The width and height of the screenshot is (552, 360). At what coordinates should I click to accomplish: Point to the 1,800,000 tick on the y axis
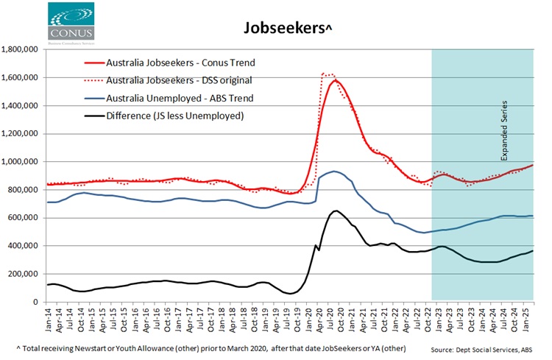click(21, 49)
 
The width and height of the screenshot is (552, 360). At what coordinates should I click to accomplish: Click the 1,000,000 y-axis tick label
click(21, 161)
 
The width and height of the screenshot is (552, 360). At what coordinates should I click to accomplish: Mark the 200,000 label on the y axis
click(24, 274)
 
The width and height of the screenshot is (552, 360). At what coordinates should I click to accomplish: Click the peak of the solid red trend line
click(335, 81)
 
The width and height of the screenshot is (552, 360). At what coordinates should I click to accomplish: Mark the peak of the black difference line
click(335, 211)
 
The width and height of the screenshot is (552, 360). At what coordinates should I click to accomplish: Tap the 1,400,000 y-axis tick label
click(21, 105)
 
